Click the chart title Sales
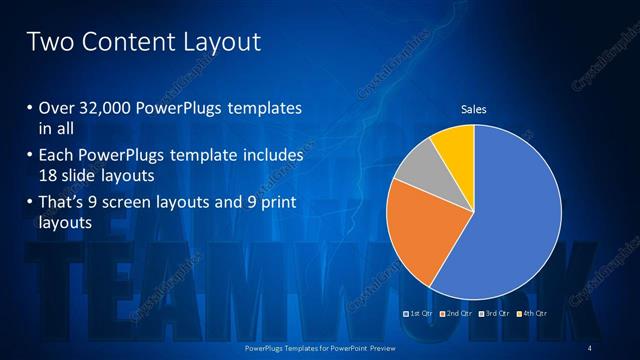(473, 109)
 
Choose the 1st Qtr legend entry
(418, 313)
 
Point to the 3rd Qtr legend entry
(494, 313)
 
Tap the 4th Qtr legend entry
(532, 313)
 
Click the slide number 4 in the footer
(590, 347)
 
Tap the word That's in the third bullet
(65, 204)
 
